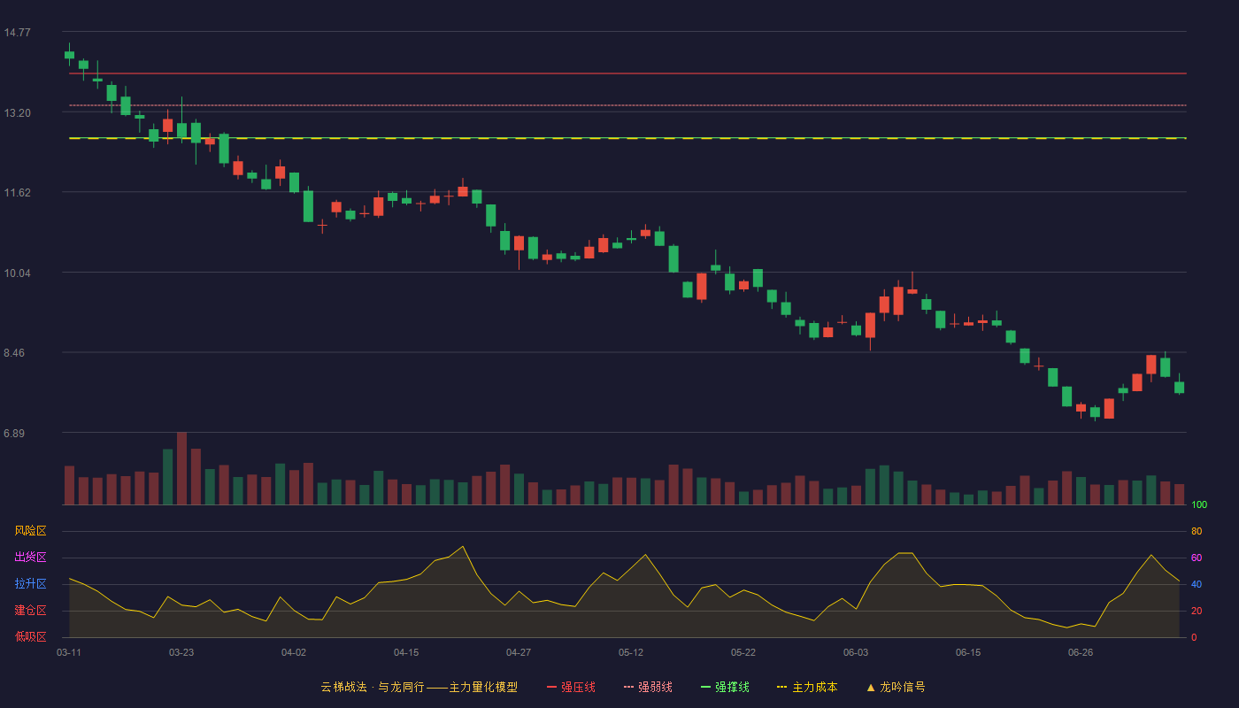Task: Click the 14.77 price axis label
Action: pyautogui.click(x=17, y=33)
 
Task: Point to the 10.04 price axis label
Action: pyautogui.click(x=17, y=273)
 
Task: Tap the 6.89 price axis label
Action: pyautogui.click(x=14, y=433)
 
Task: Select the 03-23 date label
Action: pyautogui.click(x=181, y=653)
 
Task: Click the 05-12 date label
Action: pyautogui.click(x=631, y=653)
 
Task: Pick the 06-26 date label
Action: pyautogui.click(x=1081, y=653)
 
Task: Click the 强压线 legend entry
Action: pyautogui.click(x=571, y=687)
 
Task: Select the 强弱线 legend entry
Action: pyautogui.click(x=648, y=687)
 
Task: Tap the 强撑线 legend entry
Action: pyautogui.click(x=725, y=687)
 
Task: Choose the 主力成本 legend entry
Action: pyautogui.click(x=807, y=687)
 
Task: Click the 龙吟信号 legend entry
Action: pyautogui.click(x=896, y=687)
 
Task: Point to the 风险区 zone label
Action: pyautogui.click(x=30, y=531)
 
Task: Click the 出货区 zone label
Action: pyautogui.click(x=30, y=557)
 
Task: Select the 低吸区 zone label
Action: pyautogui.click(x=30, y=637)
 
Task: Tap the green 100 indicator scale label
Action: pyautogui.click(x=1199, y=504)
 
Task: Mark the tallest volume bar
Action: pyautogui.click(x=181, y=468)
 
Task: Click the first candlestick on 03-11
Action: pyautogui.click(x=69, y=54)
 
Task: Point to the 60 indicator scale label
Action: pyautogui.click(x=1197, y=558)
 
